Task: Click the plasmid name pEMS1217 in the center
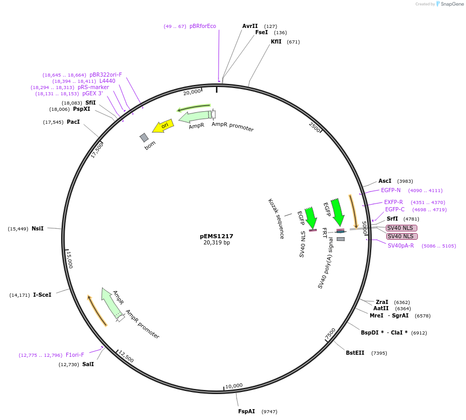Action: (216, 236)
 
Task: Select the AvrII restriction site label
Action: (250, 26)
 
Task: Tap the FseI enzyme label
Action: (261, 32)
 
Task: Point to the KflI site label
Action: (276, 41)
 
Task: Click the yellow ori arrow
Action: (163, 126)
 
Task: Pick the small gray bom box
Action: (144, 137)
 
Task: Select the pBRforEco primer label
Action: (202, 26)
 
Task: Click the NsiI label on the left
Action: (37, 228)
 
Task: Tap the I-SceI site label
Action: (42, 295)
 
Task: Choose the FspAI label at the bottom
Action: (246, 411)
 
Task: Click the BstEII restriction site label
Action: (355, 353)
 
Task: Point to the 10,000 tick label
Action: (234, 385)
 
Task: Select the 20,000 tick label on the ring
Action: (192, 92)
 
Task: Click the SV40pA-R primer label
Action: (401, 245)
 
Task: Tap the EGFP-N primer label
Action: (391, 190)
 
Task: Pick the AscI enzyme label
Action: (385, 181)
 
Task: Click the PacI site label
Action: (73, 122)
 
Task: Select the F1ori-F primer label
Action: (75, 355)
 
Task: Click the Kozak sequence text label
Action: (276, 219)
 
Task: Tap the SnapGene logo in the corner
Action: (450, 4)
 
